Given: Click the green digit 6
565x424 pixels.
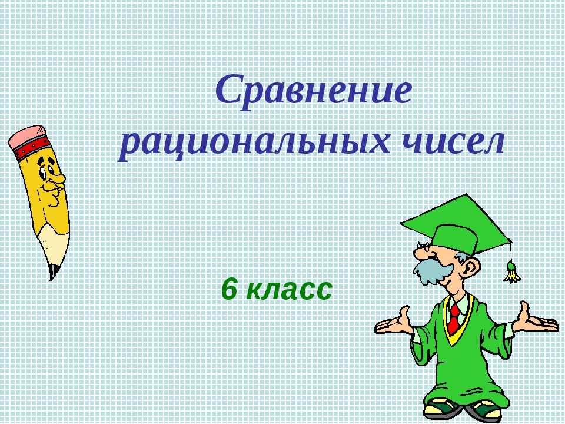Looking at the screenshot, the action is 229,289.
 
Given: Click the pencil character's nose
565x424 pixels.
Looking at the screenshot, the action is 57,178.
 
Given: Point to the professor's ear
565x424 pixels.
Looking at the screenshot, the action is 471,266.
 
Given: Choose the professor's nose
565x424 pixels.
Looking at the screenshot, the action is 420,253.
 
